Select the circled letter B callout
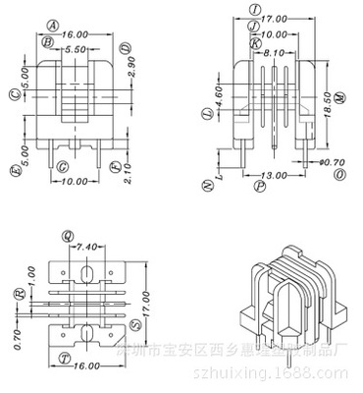pyautogui.click(x=47, y=42)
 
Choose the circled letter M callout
pyautogui.click(x=339, y=97)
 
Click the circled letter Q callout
pyautogui.click(x=67, y=236)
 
